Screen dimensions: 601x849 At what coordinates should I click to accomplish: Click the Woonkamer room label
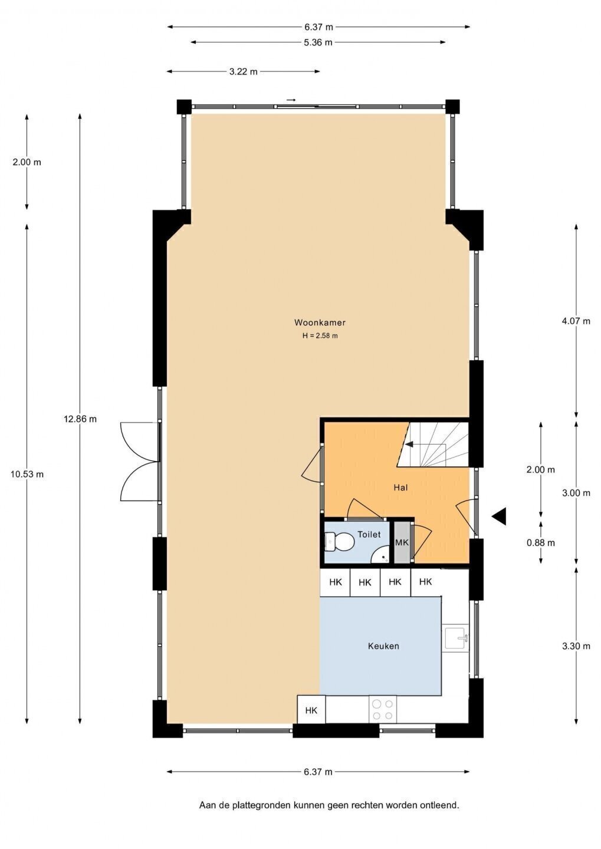coord(320,323)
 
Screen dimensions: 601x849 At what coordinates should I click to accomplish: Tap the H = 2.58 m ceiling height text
coord(320,336)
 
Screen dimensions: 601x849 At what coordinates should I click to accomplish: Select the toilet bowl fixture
coord(339,542)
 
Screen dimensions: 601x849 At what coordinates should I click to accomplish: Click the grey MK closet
coord(402,542)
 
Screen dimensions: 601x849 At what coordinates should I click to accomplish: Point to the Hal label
coord(401,488)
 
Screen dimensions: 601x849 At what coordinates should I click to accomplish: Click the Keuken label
coord(383,646)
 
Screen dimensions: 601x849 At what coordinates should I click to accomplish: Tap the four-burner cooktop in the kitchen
coord(383,709)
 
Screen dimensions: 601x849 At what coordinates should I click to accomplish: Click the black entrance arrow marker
coord(500,516)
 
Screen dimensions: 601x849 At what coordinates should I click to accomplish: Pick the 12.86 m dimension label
coord(80,419)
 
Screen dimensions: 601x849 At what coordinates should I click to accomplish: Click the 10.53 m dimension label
coord(27,474)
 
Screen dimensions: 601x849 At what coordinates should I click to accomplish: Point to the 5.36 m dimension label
coord(318,42)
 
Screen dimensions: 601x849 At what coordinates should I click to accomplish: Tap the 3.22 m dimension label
coord(244,72)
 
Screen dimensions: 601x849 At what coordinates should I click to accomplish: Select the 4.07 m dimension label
coord(576,321)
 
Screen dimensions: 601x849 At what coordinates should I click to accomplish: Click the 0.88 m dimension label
coord(541,543)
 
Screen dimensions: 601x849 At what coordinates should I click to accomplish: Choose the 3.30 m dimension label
coord(576,646)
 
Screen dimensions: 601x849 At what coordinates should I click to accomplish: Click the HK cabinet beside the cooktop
coord(311,710)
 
